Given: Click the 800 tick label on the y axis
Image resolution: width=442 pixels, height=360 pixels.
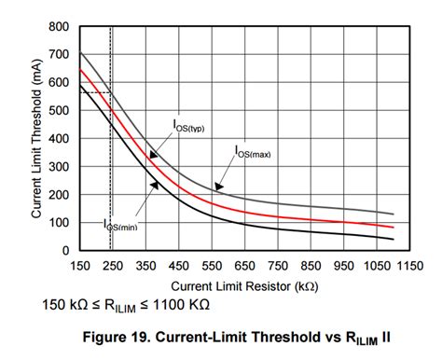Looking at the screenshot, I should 59,26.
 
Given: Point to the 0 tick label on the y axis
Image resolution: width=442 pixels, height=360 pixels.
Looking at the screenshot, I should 65,251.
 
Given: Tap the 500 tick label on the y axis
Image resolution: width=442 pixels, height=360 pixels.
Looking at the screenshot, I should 59,110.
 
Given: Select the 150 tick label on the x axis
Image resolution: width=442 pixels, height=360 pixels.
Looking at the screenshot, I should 79,265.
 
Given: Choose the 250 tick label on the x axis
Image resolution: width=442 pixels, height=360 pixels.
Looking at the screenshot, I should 114,265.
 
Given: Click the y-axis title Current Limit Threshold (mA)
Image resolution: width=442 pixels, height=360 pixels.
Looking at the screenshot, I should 36,138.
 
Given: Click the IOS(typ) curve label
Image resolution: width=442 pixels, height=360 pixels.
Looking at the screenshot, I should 191,127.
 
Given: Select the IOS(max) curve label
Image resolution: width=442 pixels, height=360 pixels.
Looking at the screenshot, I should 253,151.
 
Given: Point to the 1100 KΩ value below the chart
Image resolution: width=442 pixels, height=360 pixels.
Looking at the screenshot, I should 184,304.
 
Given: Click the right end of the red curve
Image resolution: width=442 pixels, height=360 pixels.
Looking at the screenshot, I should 394,227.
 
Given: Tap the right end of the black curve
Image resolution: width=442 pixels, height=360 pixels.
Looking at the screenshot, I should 394,239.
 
